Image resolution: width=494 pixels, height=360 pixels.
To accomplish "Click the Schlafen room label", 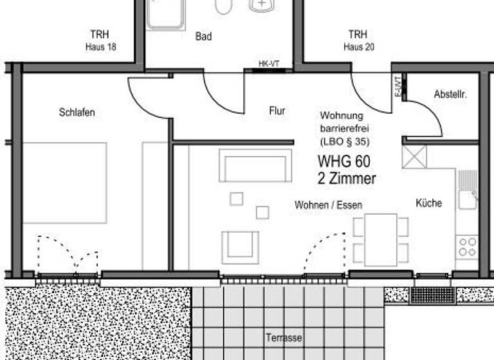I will point(77,113).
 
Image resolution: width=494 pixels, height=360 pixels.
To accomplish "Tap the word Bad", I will point(203,37).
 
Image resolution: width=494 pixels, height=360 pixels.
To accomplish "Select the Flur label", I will point(277,111).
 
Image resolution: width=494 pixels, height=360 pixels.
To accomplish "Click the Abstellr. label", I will point(450,94).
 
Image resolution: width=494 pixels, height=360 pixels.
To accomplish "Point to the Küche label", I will point(429,203).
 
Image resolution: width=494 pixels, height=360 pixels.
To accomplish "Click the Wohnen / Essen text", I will point(328,205).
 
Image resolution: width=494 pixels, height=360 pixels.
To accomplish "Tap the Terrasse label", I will point(283,337).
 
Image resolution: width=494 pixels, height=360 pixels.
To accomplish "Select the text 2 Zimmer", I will point(346,179).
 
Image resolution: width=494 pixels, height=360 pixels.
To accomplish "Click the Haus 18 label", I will point(100,47).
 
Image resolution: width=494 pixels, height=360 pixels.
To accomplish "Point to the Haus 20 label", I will point(358,47).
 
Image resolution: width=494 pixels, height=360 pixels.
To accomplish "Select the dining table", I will point(381,239).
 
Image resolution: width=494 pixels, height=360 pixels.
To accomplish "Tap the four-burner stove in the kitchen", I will point(467,247).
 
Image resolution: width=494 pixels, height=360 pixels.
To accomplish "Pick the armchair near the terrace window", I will point(241,247).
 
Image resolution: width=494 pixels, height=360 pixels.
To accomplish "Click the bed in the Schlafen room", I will point(64,183).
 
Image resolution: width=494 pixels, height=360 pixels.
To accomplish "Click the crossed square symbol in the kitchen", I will point(414,157).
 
